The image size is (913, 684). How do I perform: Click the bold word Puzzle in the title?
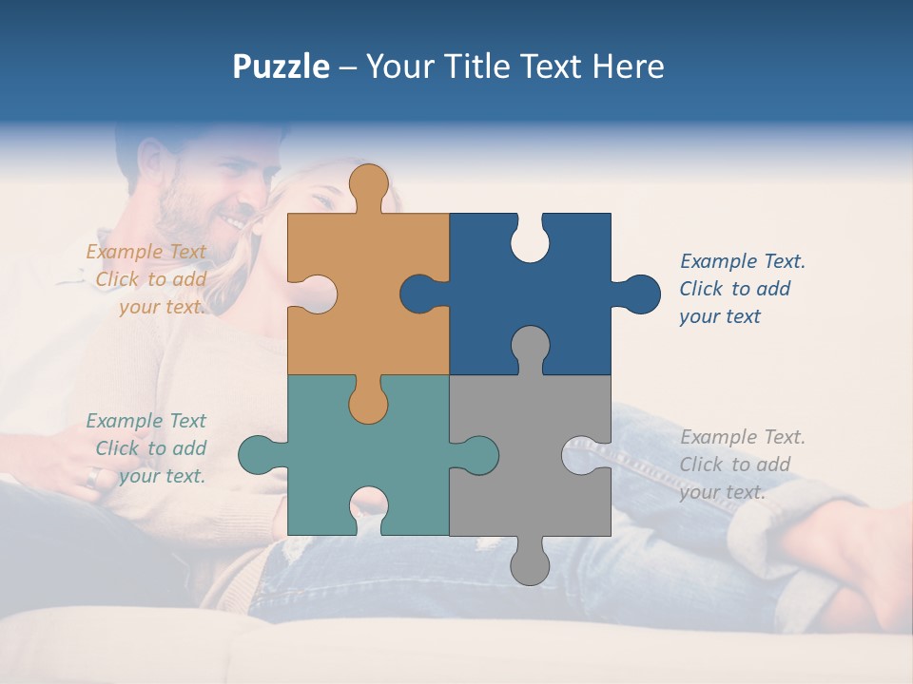[281, 66]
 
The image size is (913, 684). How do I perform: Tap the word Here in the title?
[628, 66]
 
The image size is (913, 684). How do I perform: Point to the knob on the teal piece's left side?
[257, 455]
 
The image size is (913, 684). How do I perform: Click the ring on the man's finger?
[92, 476]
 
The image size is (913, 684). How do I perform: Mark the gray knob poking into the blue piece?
[530, 347]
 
